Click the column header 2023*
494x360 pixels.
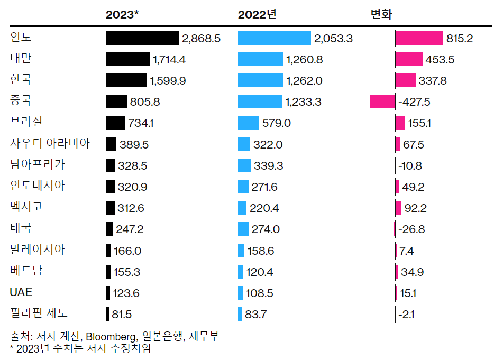[x=122, y=15]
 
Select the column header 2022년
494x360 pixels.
[x=257, y=15]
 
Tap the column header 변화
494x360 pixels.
[x=381, y=15]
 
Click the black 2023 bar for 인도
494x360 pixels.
[x=142, y=38]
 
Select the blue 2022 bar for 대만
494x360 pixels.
[x=261, y=59]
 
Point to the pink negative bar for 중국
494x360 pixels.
[x=382, y=101]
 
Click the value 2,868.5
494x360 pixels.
[x=201, y=39]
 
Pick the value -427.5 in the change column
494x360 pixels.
[x=415, y=102]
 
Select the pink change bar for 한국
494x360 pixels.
[x=405, y=80]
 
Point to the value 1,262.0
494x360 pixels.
[x=304, y=81]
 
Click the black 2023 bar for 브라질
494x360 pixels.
[x=115, y=123]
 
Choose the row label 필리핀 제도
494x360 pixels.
[x=39, y=313]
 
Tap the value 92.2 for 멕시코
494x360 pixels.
[x=415, y=208]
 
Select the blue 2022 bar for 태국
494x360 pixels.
[x=243, y=229]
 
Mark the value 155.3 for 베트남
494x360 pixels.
[x=127, y=272]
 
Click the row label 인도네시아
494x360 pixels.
[x=38, y=186]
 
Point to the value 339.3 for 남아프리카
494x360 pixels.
[x=268, y=166]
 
